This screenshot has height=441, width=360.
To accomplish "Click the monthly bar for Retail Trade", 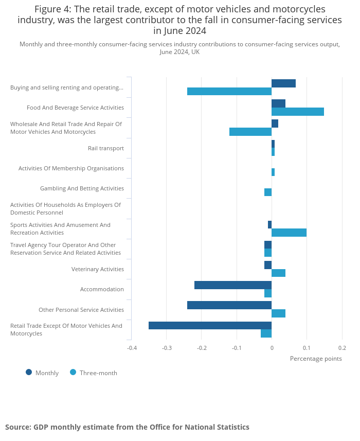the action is [210, 325].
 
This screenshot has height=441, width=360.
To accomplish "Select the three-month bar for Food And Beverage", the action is [298, 112].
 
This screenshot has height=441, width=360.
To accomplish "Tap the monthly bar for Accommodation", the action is [233, 285].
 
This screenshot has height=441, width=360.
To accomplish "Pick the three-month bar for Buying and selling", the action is [229, 92].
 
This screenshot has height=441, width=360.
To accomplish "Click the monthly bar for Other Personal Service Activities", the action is [229, 305].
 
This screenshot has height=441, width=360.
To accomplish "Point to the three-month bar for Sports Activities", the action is [289, 233].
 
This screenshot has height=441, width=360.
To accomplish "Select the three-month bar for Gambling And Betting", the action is [268, 192].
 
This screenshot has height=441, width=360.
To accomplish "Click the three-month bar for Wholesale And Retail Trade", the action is [250, 132].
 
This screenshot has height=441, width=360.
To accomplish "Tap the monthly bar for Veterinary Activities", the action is [268, 265].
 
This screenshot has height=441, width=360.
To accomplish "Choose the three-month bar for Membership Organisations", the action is [273, 172].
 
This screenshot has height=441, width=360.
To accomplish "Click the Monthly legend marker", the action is [29, 373].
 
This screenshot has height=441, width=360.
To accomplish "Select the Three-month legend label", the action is [98, 373].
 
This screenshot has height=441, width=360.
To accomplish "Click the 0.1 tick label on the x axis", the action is [307, 348].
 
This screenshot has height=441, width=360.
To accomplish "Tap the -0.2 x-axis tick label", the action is [202, 348].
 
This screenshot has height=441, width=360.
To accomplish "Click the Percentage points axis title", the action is [316, 359].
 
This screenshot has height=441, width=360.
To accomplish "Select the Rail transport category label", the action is [106, 148].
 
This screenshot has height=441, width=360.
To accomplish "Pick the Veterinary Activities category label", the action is [98, 269].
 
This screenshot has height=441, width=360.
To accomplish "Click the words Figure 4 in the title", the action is [52, 9].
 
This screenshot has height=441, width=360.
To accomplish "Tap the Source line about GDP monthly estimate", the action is [128, 427].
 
